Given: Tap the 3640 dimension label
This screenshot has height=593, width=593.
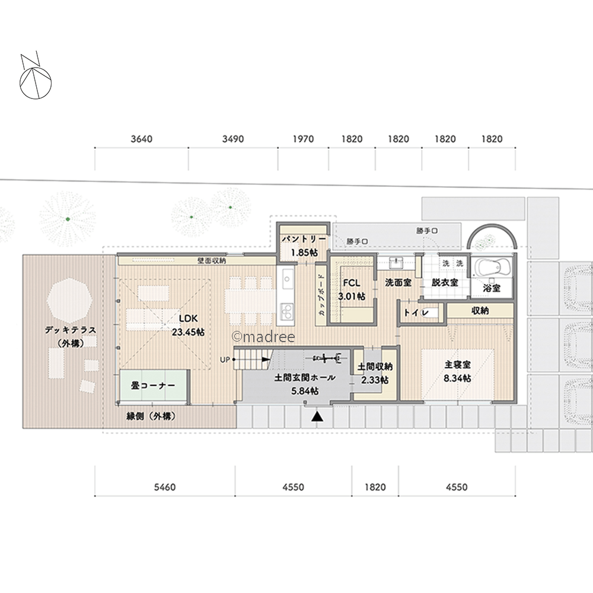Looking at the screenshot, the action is pyautogui.click(x=142, y=139).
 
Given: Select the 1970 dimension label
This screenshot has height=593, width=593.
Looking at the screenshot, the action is pyautogui.click(x=303, y=139).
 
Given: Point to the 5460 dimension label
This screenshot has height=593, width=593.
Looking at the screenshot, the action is pyautogui.click(x=164, y=487).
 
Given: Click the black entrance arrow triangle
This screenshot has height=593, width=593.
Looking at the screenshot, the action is pyautogui.click(x=317, y=416).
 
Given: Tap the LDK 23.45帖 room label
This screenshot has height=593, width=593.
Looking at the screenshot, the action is pyautogui.click(x=189, y=325).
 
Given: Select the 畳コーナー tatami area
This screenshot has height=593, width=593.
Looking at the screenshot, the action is pyautogui.click(x=154, y=385).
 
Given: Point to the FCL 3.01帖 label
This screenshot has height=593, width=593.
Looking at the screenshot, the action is pyautogui.click(x=352, y=290).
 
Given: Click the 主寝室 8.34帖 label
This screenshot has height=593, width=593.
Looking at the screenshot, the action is pyautogui.click(x=458, y=371).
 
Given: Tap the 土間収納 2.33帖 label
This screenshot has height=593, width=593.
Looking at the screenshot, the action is pyautogui.click(x=375, y=373).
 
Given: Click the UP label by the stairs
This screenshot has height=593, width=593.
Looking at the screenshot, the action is pyautogui.click(x=225, y=360).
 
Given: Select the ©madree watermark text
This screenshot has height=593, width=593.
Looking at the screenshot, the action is pyautogui.click(x=263, y=337).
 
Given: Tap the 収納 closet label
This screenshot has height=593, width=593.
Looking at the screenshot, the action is pyautogui.click(x=480, y=311).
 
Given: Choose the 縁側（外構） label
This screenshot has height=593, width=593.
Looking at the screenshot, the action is pyautogui.click(x=151, y=416).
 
